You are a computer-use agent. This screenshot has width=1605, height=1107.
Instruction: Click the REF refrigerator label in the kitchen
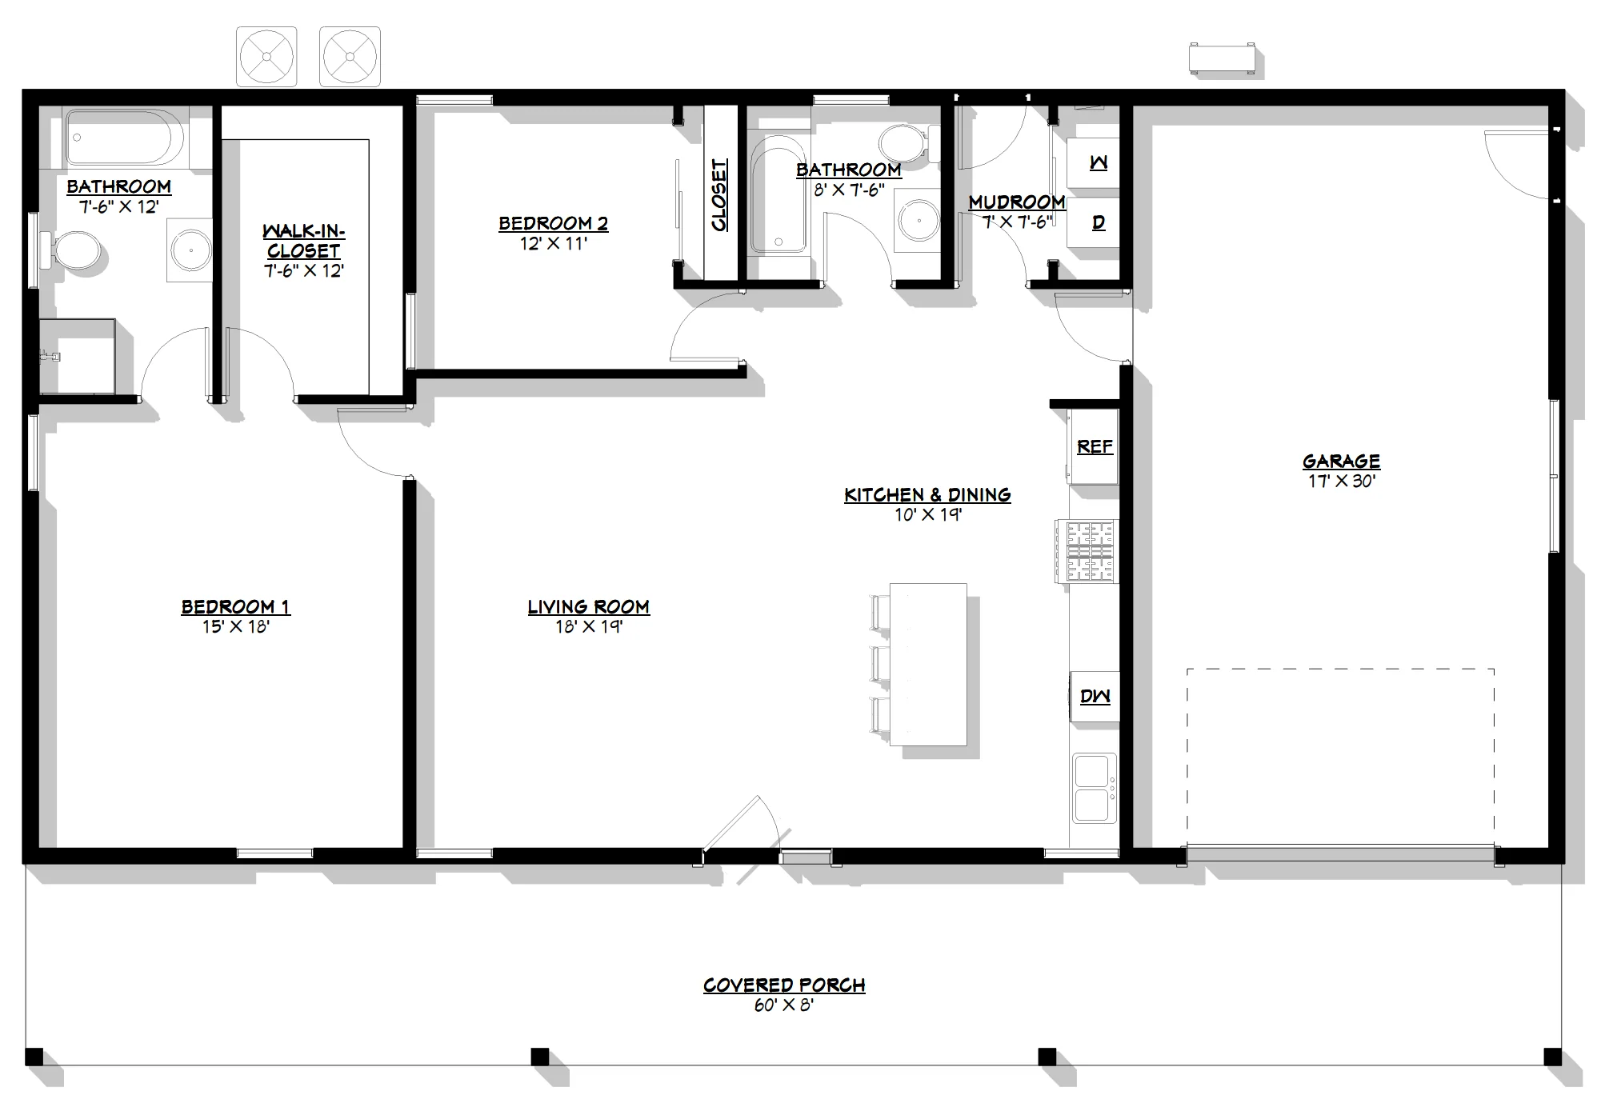[1095, 447]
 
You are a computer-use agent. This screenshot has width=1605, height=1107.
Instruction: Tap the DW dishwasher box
[1095, 697]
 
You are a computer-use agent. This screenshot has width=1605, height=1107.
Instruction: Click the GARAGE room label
[1341, 462]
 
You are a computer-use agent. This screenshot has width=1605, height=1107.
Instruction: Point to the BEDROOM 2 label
[553, 223]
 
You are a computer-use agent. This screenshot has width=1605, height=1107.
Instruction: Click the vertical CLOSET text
[719, 194]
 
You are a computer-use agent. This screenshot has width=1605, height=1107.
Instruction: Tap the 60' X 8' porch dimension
[783, 1005]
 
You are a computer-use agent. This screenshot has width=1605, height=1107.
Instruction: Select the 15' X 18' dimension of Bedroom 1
[235, 626]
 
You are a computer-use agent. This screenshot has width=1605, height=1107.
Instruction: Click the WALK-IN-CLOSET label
[303, 241]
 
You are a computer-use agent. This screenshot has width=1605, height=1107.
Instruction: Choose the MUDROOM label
[1017, 202]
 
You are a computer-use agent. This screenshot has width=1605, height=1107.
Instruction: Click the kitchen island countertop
[928, 665]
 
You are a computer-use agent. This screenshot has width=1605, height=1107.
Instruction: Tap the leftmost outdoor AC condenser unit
[266, 57]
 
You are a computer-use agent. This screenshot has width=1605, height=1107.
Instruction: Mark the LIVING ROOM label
[588, 607]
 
